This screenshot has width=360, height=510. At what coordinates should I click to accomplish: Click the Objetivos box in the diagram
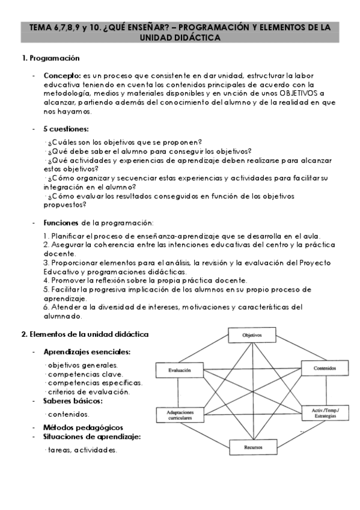pyautogui.click(x=251, y=334)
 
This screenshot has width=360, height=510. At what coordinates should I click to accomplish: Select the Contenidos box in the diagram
pyautogui.click(x=323, y=367)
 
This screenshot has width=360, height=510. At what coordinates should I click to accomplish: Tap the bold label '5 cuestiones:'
pyautogui.click(x=66, y=129)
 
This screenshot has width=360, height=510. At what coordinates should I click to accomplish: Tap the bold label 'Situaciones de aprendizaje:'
pyautogui.click(x=92, y=436)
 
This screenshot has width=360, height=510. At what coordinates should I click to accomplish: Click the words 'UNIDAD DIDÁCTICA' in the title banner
pyautogui.click(x=180, y=37)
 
